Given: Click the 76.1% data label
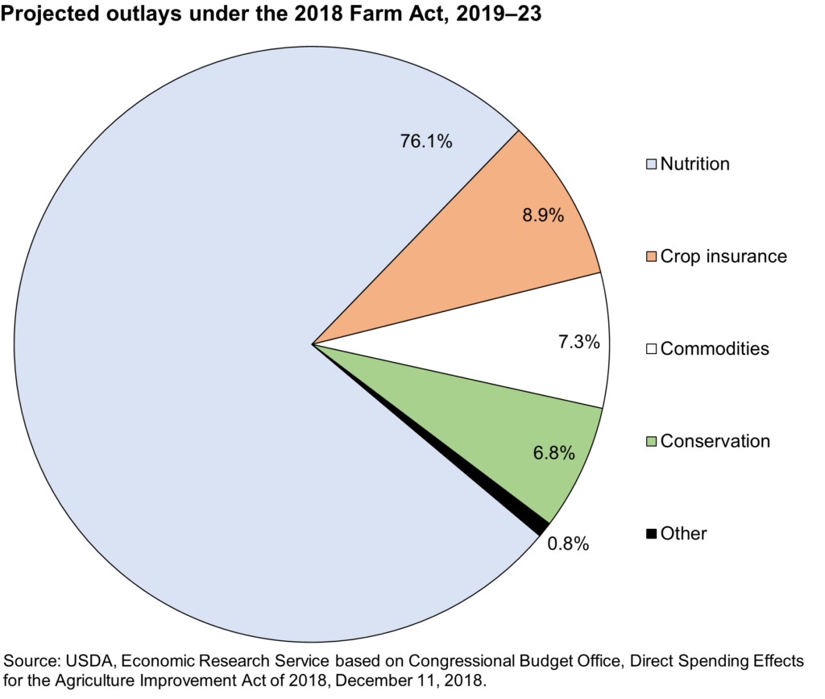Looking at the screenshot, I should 426,142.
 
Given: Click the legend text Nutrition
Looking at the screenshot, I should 694,164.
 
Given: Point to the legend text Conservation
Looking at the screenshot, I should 715,442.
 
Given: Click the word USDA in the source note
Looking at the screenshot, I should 82,661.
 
